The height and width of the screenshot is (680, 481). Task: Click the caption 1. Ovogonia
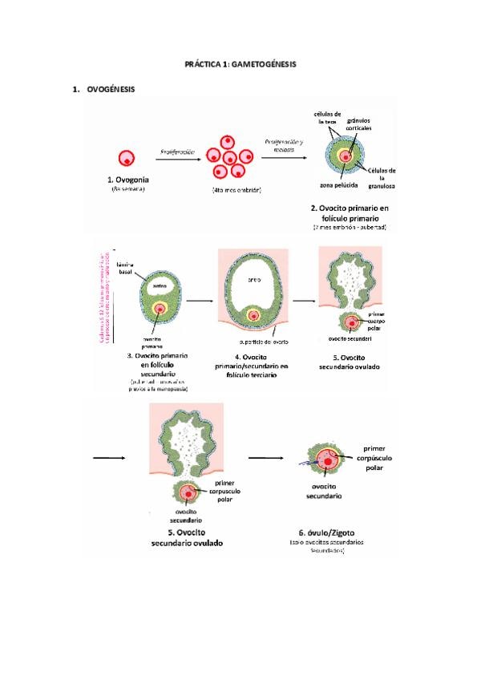pos(127,180)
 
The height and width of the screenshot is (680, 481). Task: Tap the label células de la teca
pos(329,117)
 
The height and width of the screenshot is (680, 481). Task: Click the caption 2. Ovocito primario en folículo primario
pos(350,212)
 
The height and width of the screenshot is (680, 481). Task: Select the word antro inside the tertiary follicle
pos(253,280)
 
